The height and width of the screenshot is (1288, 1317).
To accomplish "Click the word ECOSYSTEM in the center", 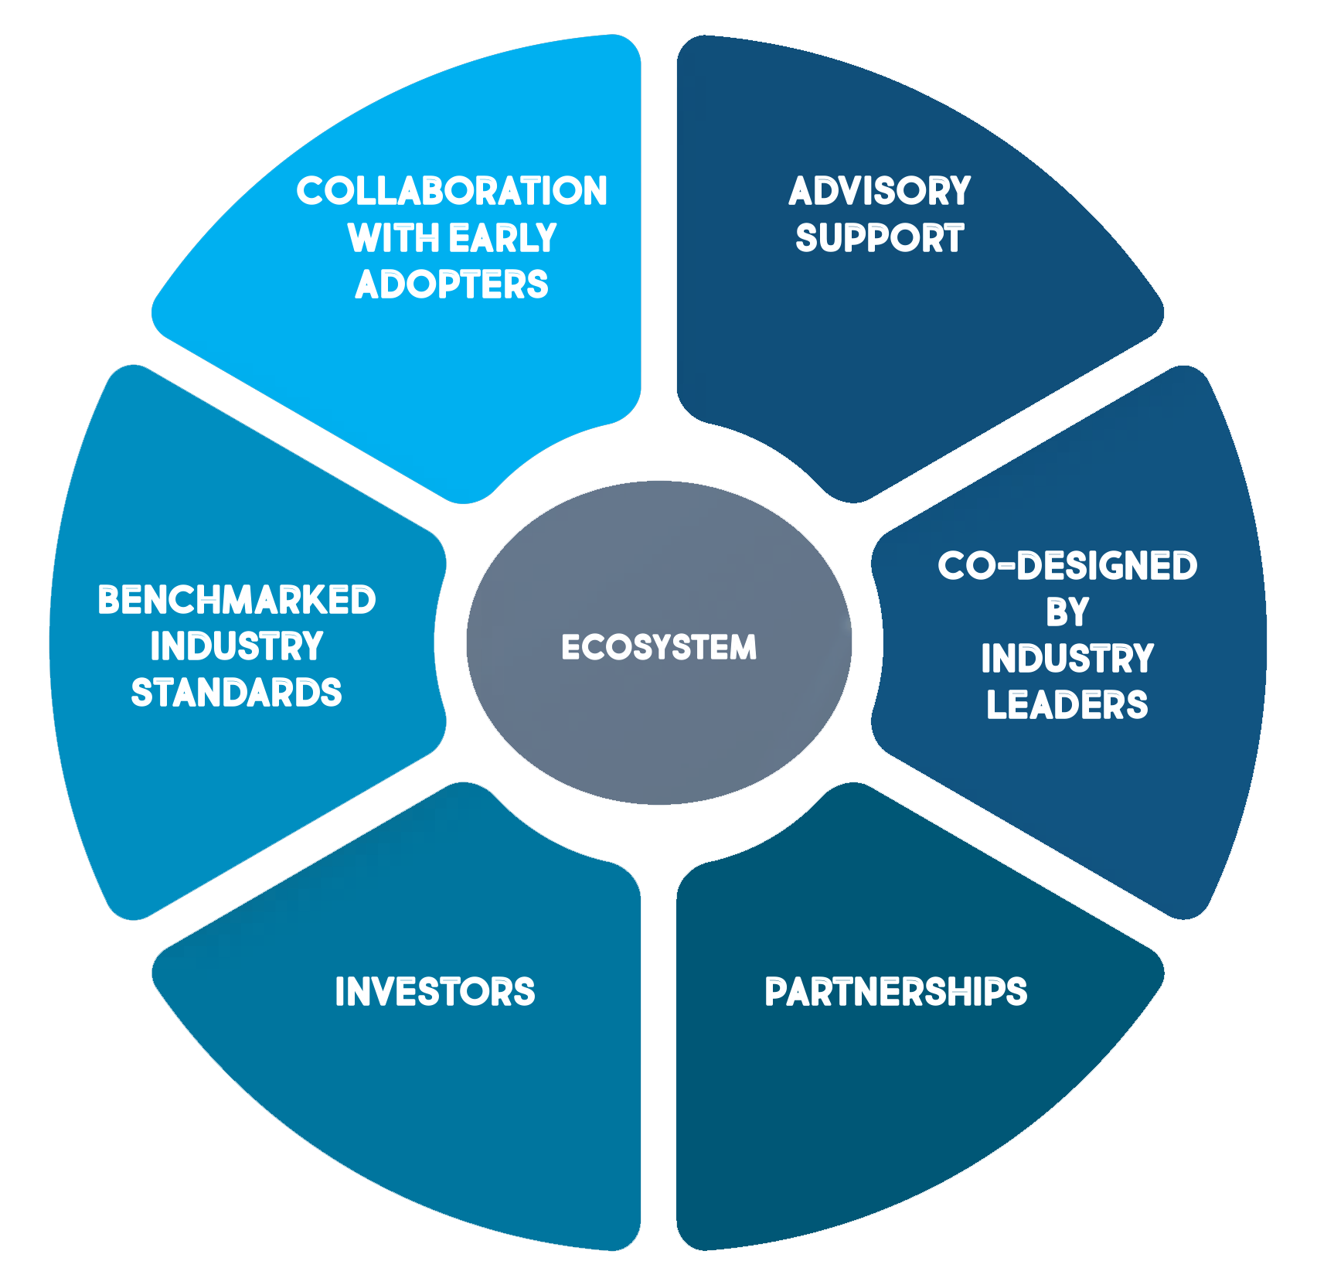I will (x=658, y=647).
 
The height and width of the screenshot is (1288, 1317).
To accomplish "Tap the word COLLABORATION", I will (x=452, y=191).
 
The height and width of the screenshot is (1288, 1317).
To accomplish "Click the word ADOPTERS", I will (x=452, y=285).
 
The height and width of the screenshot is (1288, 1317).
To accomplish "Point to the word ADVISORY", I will (x=880, y=191).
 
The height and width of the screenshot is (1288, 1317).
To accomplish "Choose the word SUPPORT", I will (x=880, y=238).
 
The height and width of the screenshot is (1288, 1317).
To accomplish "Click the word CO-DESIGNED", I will (x=1067, y=566).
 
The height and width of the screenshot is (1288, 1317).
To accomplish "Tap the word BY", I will (x=1067, y=612).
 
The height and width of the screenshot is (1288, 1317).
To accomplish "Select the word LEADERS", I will (x=1067, y=705).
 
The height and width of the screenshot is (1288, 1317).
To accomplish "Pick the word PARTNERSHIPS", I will (x=896, y=992).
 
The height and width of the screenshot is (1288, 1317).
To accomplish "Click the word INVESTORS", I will (x=435, y=992).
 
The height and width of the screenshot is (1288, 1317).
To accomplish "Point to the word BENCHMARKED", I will (x=237, y=600).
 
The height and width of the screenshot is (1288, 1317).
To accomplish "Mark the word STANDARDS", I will (x=237, y=693).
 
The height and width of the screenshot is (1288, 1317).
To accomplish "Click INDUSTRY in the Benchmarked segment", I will (x=237, y=646).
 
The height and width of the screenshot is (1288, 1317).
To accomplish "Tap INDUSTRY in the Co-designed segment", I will (x=1067, y=659).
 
